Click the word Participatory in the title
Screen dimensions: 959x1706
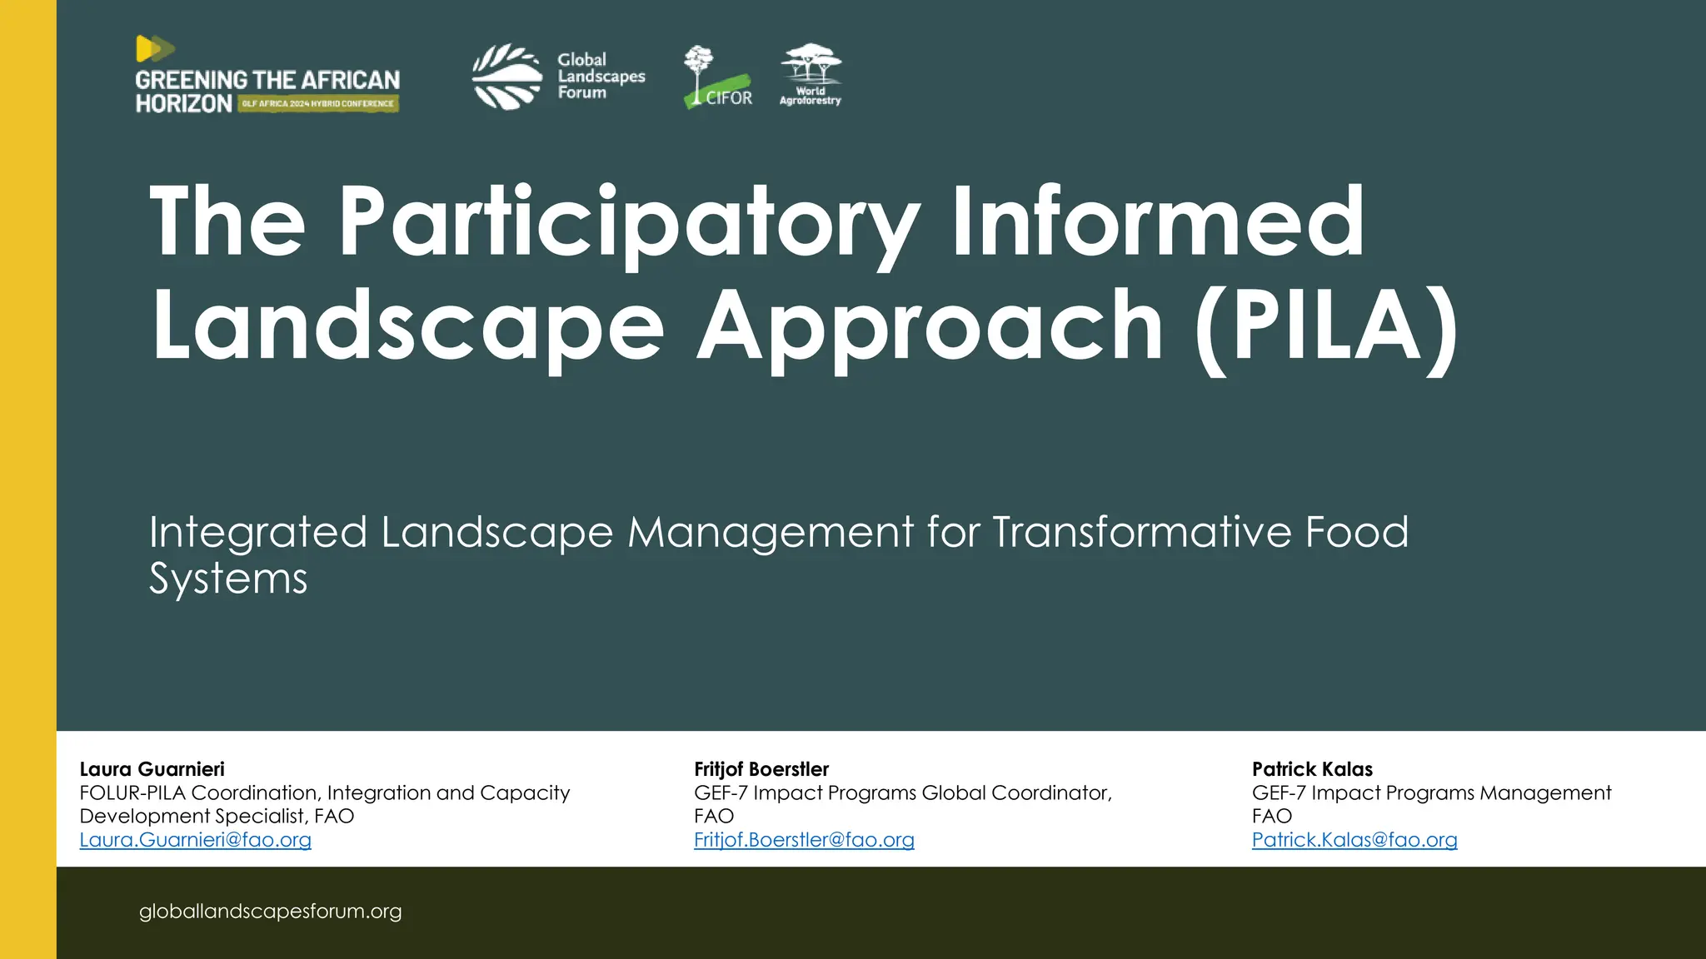(629, 223)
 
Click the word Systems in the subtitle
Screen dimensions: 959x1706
(228, 579)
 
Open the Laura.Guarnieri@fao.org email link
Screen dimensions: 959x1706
(196, 840)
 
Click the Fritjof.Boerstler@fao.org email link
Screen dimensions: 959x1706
(804, 840)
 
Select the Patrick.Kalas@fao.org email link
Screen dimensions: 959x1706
(1354, 840)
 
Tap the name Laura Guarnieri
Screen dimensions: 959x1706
(152, 769)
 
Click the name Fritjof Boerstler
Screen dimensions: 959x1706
(761, 769)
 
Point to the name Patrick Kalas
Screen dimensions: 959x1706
(1312, 769)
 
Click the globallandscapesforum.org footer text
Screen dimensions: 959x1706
(271, 912)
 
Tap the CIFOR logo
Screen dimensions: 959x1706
(717, 77)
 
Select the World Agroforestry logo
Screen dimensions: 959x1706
(811, 75)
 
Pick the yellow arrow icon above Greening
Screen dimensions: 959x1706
(154, 49)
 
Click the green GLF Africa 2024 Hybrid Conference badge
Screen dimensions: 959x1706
(318, 104)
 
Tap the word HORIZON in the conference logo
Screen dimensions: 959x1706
(184, 104)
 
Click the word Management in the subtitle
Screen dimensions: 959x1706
(771, 532)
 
